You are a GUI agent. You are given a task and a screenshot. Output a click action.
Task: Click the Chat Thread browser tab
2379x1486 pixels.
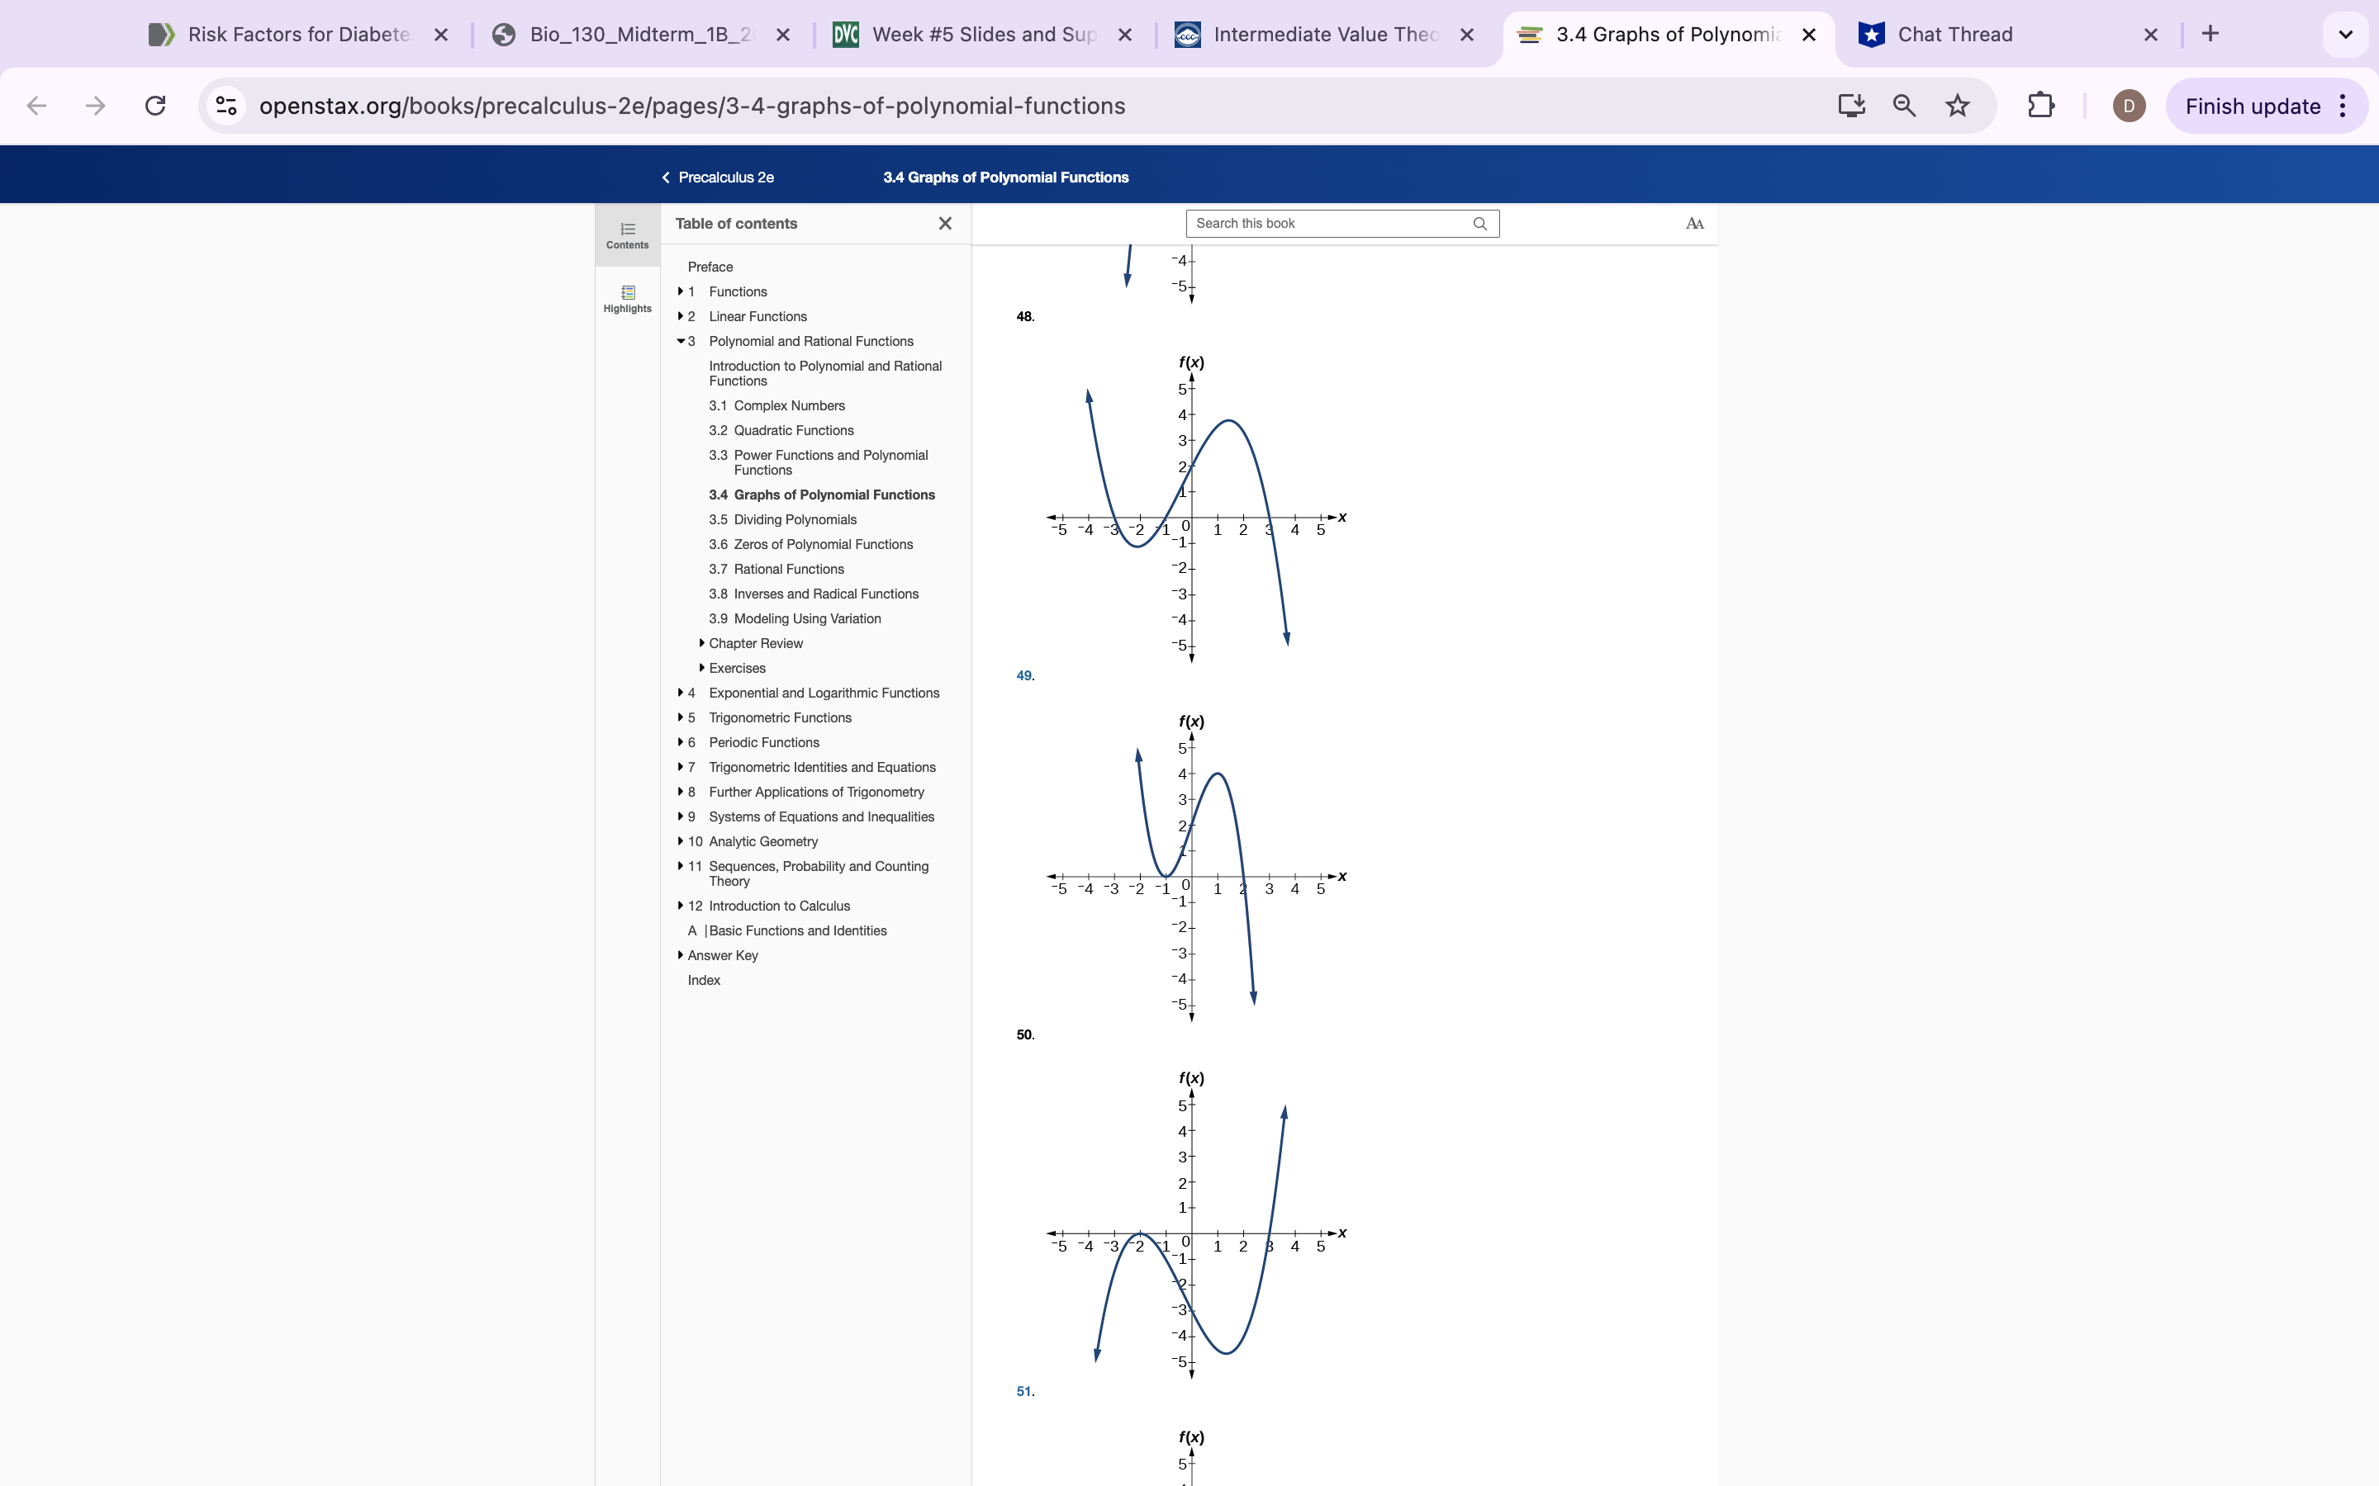coord(1954,35)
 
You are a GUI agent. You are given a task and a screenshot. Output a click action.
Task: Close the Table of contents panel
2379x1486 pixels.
coord(945,224)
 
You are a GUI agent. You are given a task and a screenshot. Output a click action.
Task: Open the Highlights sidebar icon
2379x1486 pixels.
coord(627,298)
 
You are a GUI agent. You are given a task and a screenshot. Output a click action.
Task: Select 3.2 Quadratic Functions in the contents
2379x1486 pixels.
coord(793,430)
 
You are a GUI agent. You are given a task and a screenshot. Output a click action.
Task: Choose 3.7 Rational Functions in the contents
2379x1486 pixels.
coord(788,569)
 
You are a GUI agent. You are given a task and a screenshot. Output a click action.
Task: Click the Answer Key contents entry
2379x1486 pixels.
coord(723,955)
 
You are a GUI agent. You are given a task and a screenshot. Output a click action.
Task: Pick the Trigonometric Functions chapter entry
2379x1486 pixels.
coord(780,717)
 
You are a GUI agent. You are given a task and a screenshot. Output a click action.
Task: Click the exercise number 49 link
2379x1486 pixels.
coord(1024,676)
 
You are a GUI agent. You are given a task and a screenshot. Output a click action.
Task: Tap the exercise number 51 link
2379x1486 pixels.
coord(1024,1392)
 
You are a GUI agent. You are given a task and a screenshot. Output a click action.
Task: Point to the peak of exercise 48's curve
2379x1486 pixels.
coord(1229,421)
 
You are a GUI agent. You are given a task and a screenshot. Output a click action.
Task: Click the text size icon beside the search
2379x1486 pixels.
coord(1694,224)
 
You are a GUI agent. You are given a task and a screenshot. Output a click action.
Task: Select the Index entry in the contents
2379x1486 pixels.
coord(704,980)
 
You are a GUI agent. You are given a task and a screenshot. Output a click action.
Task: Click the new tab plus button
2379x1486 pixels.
coord(2210,35)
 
